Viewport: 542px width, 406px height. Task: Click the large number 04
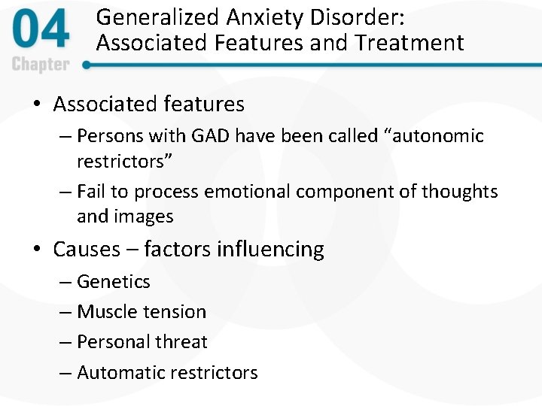coord(41,32)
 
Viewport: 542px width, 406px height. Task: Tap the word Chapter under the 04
coord(41,64)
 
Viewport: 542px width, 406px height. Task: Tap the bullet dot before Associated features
coord(37,105)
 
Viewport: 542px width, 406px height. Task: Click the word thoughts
coord(459,192)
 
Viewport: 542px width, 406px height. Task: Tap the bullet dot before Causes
coord(37,250)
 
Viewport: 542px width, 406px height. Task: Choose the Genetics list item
coord(113,282)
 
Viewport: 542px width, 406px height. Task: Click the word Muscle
coord(107,312)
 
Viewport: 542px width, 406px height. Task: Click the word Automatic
coord(120,372)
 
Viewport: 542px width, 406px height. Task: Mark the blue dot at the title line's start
coord(87,65)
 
